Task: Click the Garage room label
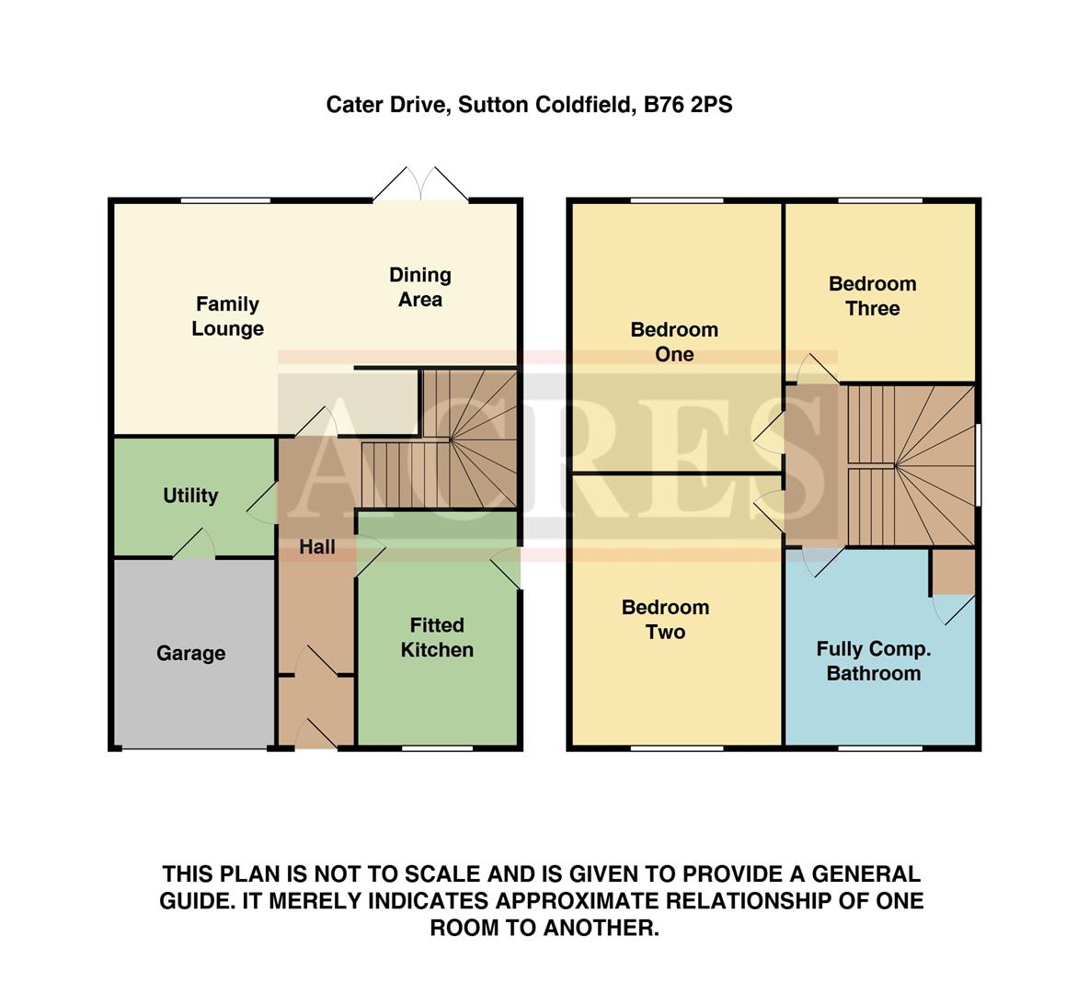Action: (190, 654)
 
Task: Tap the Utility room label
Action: (190, 496)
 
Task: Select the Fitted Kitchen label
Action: (437, 637)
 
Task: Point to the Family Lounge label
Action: (227, 316)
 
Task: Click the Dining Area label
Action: (419, 287)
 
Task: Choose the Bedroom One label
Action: (674, 342)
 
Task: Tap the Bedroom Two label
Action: (665, 620)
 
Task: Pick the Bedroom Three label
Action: (872, 296)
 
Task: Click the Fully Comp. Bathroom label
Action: (873, 661)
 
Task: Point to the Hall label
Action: (317, 547)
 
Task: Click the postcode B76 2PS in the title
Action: (688, 105)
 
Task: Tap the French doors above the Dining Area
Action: (420, 185)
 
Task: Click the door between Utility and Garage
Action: (194, 545)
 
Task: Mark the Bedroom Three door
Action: (817, 371)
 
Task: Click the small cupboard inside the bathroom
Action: (953, 572)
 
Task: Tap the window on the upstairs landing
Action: (978, 463)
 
